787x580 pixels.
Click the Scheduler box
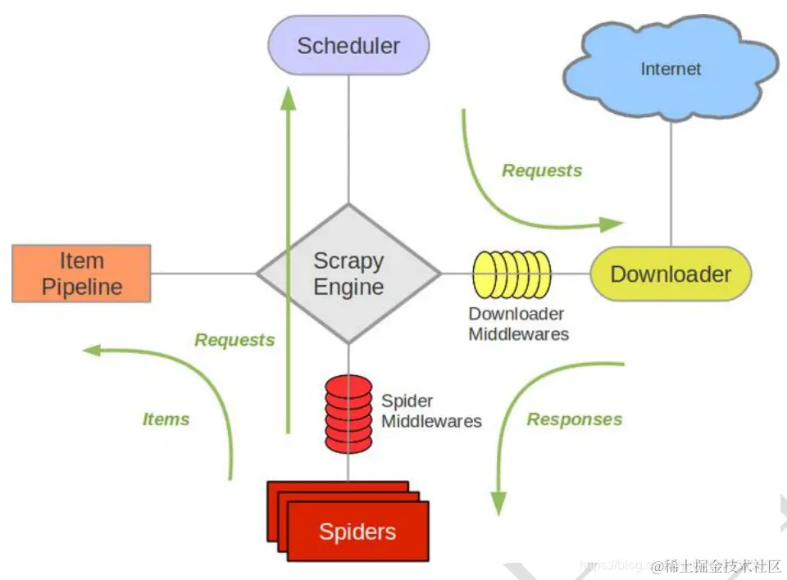coord(348,46)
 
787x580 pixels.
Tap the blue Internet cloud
coord(671,69)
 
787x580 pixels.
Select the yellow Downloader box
coord(671,274)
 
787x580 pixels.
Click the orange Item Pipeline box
coord(82,274)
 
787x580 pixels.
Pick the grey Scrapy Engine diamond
coord(348,274)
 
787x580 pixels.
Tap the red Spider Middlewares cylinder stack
coord(348,414)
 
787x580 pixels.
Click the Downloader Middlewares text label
coord(518,324)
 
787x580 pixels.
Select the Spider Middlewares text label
coord(431,411)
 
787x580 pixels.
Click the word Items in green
coord(166,419)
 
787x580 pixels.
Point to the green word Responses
coord(574,419)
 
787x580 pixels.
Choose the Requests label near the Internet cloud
coord(542,170)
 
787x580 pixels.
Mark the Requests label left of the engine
coord(234,339)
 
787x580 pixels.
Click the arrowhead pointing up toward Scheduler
coord(288,97)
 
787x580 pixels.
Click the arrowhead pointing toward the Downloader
coord(611,224)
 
